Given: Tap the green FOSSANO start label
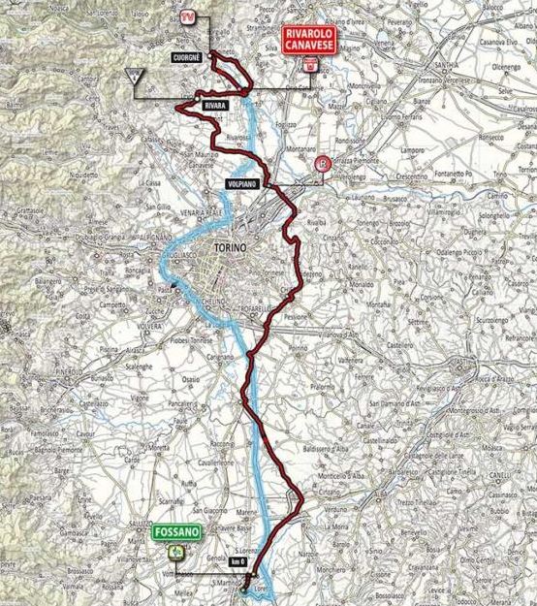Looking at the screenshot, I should click(x=175, y=532).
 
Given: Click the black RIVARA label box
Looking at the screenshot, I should click(x=214, y=101).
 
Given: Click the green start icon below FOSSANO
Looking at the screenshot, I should click(x=175, y=551).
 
